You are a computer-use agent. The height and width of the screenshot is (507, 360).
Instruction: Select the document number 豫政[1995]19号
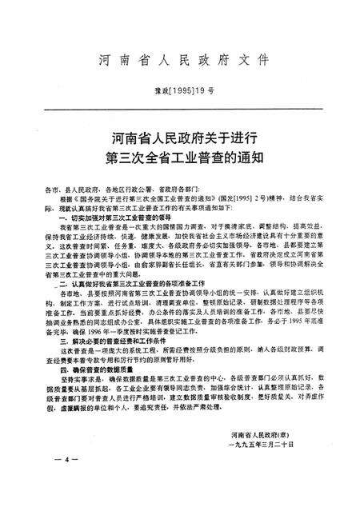179,92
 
